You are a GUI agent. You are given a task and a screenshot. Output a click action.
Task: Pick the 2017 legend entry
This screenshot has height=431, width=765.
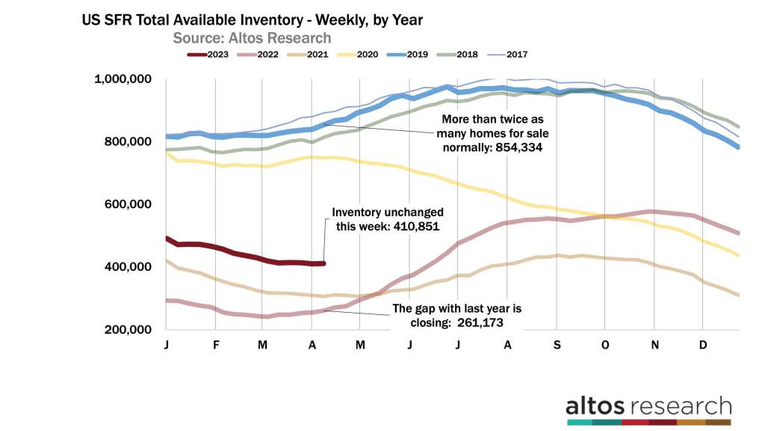(x=517, y=54)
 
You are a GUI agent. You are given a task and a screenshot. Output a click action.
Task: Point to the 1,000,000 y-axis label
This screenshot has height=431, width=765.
(x=123, y=79)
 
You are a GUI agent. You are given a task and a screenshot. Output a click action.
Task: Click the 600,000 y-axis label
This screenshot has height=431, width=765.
(x=128, y=204)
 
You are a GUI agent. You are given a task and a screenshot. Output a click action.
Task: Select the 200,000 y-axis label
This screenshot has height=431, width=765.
(x=128, y=329)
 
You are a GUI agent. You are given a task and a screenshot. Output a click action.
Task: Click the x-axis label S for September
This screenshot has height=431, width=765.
(x=557, y=345)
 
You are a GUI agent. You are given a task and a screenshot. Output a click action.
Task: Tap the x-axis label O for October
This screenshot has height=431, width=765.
(x=605, y=345)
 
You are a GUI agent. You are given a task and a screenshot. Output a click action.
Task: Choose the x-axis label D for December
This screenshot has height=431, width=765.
(x=703, y=345)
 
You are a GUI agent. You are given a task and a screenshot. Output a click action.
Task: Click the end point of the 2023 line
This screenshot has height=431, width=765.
(x=323, y=263)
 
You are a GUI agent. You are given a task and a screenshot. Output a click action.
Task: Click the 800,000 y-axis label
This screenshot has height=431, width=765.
(x=128, y=141)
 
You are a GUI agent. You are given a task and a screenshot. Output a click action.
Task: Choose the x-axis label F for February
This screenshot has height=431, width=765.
(x=214, y=345)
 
